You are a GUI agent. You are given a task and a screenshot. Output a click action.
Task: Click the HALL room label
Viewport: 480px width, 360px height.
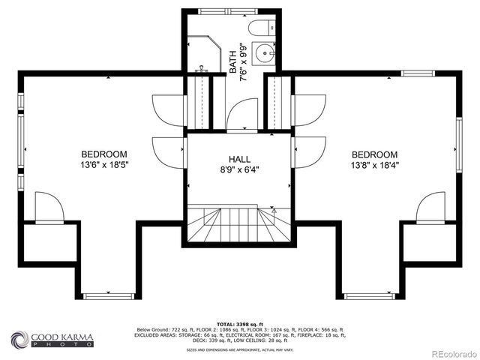click(239, 159)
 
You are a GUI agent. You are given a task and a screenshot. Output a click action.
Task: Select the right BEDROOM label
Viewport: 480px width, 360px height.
click(374, 154)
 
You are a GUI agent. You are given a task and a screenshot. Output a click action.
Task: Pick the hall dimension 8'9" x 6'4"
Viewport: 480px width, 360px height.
click(239, 169)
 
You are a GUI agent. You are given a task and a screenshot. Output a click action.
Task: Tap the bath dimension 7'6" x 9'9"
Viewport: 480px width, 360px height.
click(243, 62)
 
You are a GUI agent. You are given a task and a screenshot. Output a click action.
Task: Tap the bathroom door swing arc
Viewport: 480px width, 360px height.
click(241, 114)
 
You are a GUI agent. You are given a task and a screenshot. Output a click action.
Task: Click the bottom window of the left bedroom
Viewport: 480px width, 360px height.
click(109, 296)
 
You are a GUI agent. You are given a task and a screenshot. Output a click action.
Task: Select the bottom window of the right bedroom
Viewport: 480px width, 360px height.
click(370, 296)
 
